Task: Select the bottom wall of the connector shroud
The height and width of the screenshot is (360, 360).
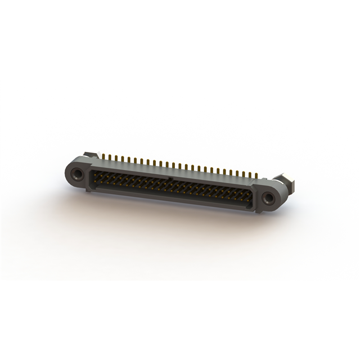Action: pyautogui.click(x=169, y=196)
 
